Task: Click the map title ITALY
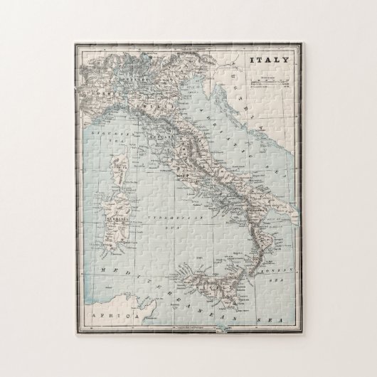pos(270,60)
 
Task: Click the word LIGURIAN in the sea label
pos(107,132)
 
